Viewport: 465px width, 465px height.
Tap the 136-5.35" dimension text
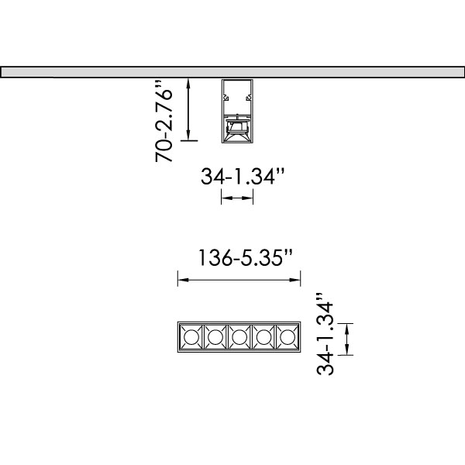point(245,257)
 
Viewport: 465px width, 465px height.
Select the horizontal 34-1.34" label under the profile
point(243,176)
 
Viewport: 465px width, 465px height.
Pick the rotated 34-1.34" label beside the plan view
point(325,334)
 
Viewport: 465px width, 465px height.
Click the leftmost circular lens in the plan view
point(191,337)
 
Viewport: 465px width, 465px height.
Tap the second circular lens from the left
point(215,337)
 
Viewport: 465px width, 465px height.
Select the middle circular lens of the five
point(239,337)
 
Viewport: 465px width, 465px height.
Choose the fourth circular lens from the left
point(263,337)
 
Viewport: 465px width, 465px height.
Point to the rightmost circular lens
point(288,337)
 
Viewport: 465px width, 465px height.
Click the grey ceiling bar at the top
point(232,72)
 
